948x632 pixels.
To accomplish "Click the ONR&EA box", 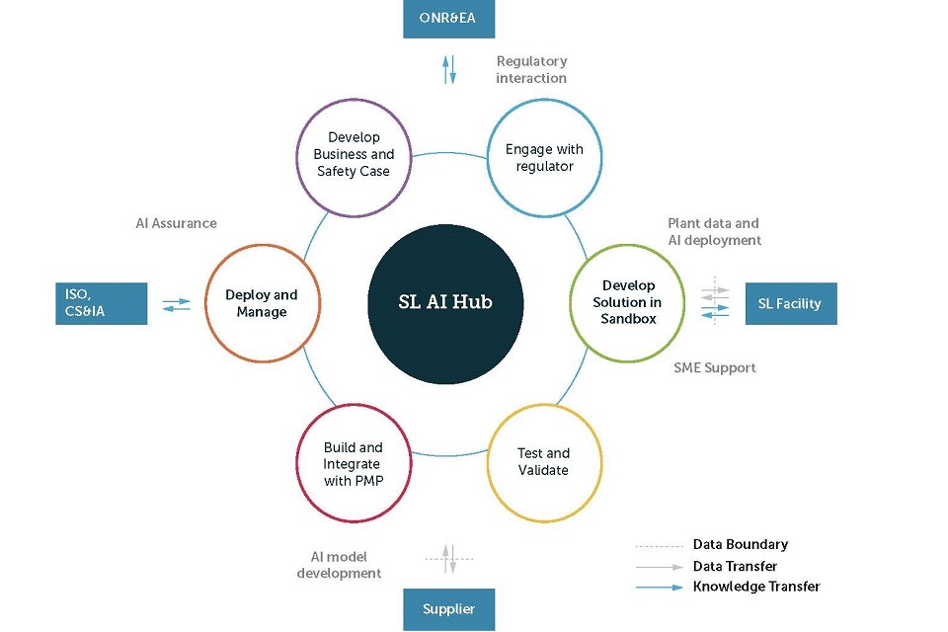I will (x=449, y=19).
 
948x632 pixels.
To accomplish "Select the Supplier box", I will (x=448, y=608).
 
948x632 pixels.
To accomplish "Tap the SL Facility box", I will (x=790, y=303).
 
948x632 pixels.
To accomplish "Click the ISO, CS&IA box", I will (x=102, y=303).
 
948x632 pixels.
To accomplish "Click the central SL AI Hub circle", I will (x=445, y=302).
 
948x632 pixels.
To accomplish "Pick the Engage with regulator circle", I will (x=544, y=157).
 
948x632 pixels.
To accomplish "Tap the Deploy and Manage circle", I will (x=261, y=303).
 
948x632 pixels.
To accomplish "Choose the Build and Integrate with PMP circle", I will (x=353, y=464).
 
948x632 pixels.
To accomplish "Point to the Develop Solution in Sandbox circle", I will (x=627, y=303).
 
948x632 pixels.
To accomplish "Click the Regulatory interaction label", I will (x=531, y=69).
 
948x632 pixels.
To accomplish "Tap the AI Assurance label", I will (x=176, y=223).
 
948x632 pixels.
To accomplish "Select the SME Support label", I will (x=715, y=367).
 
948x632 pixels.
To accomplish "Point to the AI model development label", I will (x=340, y=565).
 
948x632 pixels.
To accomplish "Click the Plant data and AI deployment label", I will (x=714, y=231).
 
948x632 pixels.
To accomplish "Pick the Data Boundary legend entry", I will (x=740, y=544).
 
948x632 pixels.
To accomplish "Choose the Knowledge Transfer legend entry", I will (x=755, y=587).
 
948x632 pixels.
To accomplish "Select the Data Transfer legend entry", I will (x=735, y=566).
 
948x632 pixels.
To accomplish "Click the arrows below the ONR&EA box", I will (x=449, y=69).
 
